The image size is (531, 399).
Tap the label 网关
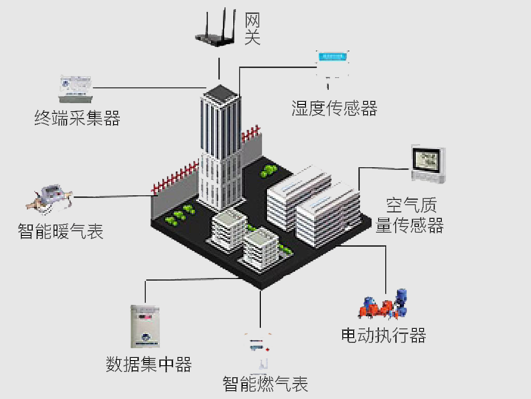point(253,29)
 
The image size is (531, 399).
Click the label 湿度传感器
point(334,108)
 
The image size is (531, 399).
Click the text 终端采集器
point(77,118)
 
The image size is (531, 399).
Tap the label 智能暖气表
point(61,231)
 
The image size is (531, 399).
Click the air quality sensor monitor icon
point(428,164)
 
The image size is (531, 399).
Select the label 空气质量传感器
point(410,215)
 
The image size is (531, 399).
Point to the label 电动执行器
point(383,335)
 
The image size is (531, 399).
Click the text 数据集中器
point(149,364)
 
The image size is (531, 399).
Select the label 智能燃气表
point(265,384)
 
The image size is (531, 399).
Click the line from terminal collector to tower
point(150,87)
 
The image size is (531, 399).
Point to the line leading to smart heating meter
point(111,196)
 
